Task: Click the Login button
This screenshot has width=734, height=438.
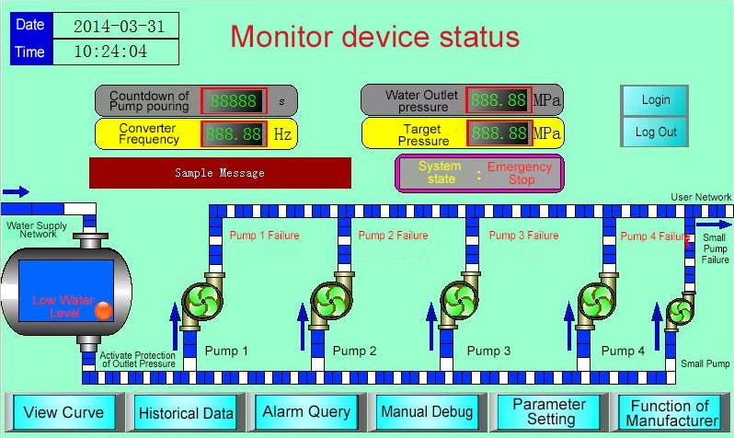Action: [x=656, y=100]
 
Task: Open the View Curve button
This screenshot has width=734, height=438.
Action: [x=63, y=412]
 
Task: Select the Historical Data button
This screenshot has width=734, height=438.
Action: [x=185, y=413]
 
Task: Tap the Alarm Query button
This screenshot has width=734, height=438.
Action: [x=306, y=412]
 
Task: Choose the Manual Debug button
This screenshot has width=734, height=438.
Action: [x=427, y=412]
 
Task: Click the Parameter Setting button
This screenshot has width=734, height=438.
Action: [x=549, y=412]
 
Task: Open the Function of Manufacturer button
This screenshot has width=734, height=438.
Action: [x=671, y=412]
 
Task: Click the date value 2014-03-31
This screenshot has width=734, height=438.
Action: [x=118, y=26]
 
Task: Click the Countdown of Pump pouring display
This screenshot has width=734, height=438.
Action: [x=234, y=101]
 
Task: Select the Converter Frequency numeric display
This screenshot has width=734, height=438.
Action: [x=234, y=133]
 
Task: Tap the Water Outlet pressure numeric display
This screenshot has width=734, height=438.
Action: [x=498, y=100]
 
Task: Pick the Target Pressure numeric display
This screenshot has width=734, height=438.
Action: [x=498, y=133]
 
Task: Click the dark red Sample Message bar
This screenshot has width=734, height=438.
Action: [x=220, y=173]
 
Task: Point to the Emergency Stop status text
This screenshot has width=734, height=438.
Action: [x=520, y=173]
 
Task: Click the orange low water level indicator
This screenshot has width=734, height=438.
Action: [x=103, y=311]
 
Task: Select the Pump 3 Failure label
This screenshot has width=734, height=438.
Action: [x=523, y=236]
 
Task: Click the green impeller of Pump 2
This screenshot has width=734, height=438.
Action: [x=328, y=300]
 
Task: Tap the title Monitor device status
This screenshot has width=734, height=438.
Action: [x=374, y=38]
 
